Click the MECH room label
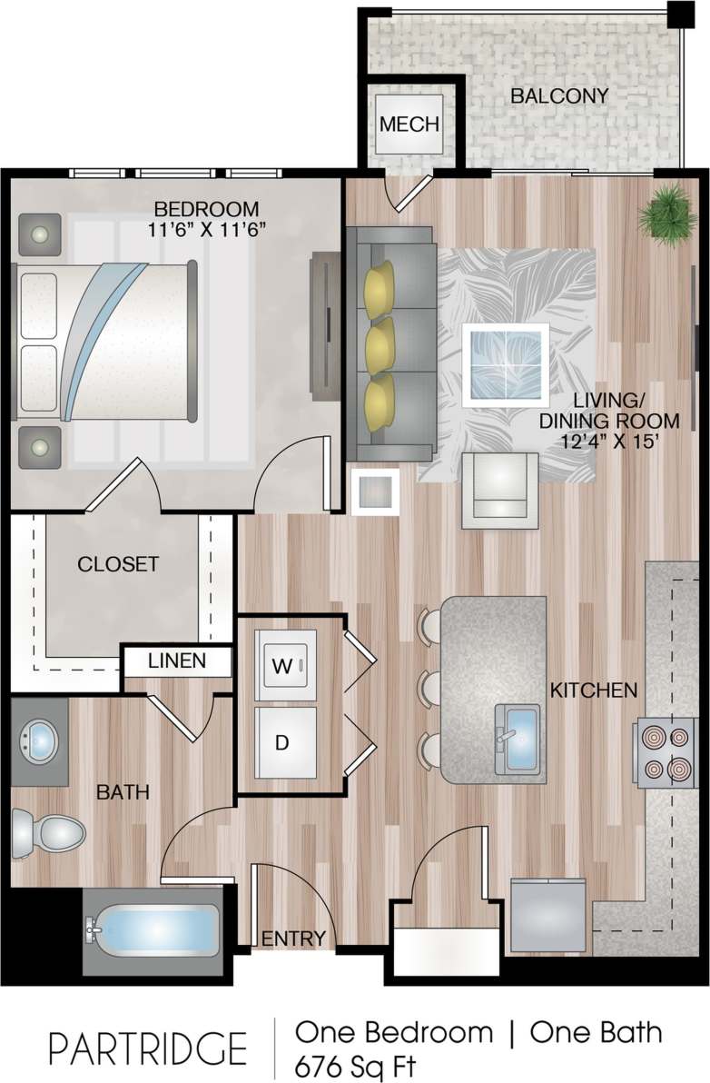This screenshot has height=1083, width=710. tap(409, 124)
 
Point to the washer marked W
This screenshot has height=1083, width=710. tap(284, 666)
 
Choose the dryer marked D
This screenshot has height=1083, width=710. tap(282, 742)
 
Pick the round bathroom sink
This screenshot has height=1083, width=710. tap(39, 740)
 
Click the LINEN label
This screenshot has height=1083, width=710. tap(177, 661)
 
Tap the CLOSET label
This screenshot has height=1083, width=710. tap(118, 564)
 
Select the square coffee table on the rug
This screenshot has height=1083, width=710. tap(505, 363)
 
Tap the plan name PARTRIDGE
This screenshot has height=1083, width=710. tap(148, 1048)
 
